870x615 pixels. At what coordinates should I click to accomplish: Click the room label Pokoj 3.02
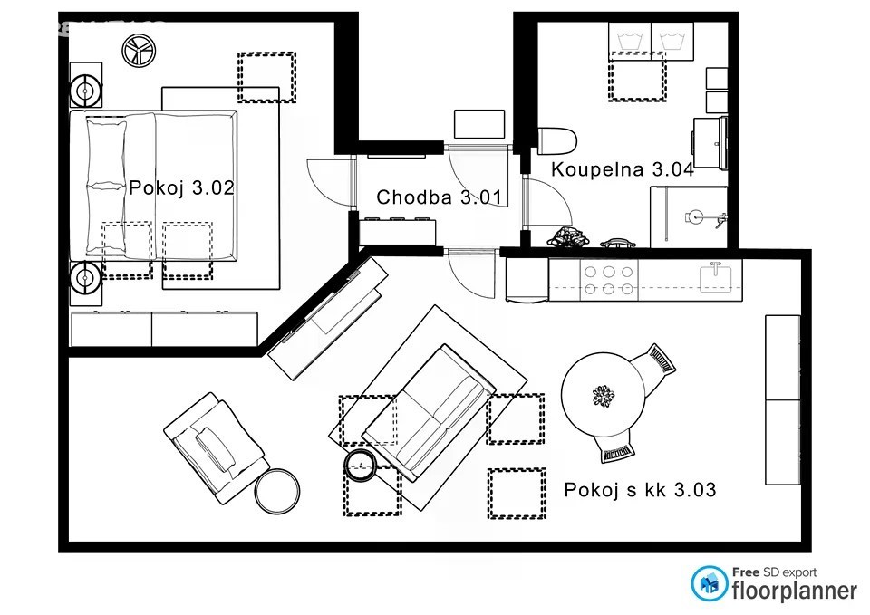click(181, 187)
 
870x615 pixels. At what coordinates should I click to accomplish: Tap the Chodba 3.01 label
click(439, 197)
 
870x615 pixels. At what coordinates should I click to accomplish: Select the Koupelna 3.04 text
click(622, 169)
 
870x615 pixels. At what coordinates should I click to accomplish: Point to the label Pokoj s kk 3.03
click(640, 490)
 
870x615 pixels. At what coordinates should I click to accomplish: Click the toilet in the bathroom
click(557, 141)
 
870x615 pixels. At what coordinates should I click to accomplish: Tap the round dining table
click(604, 394)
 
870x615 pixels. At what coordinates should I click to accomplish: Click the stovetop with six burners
click(609, 280)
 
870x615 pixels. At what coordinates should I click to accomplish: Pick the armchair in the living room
click(217, 447)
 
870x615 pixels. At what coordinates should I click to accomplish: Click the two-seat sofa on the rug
click(429, 412)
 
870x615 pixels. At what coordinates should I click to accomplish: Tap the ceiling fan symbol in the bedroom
click(139, 51)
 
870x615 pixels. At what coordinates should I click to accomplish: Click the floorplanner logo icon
click(710, 583)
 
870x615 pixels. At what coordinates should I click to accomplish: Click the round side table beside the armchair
click(277, 491)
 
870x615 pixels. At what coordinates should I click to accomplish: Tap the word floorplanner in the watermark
click(795, 591)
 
